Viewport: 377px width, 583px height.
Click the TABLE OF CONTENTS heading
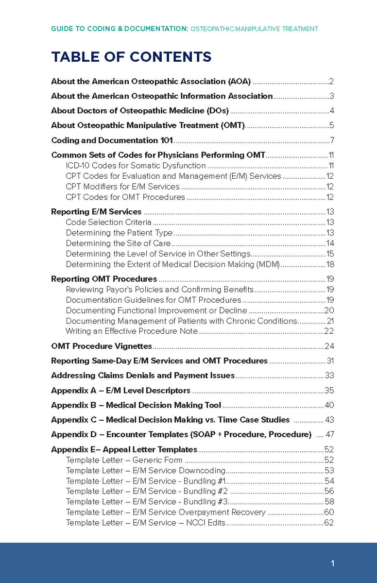[x=131, y=57]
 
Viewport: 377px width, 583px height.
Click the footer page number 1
[x=332, y=563]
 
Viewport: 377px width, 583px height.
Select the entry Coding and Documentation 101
[x=112, y=140]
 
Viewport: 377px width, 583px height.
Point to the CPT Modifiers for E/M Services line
[x=122, y=187]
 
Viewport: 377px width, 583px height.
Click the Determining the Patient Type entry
[x=119, y=233]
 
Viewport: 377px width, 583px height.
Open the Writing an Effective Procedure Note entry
[x=132, y=331]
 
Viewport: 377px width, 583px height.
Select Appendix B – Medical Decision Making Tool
[x=136, y=405]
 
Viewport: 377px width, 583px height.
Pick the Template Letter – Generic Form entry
[x=124, y=460]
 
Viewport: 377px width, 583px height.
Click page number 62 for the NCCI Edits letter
[x=329, y=523]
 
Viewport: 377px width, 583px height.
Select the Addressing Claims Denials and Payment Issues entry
[x=143, y=376]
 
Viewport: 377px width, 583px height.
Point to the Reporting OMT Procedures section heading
[x=104, y=279]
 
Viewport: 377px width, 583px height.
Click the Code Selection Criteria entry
[x=108, y=222]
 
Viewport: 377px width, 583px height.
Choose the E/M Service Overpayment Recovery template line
[x=166, y=512]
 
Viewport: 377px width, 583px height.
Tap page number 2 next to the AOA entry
[x=331, y=82]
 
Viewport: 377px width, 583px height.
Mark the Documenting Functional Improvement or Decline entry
[x=156, y=310]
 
